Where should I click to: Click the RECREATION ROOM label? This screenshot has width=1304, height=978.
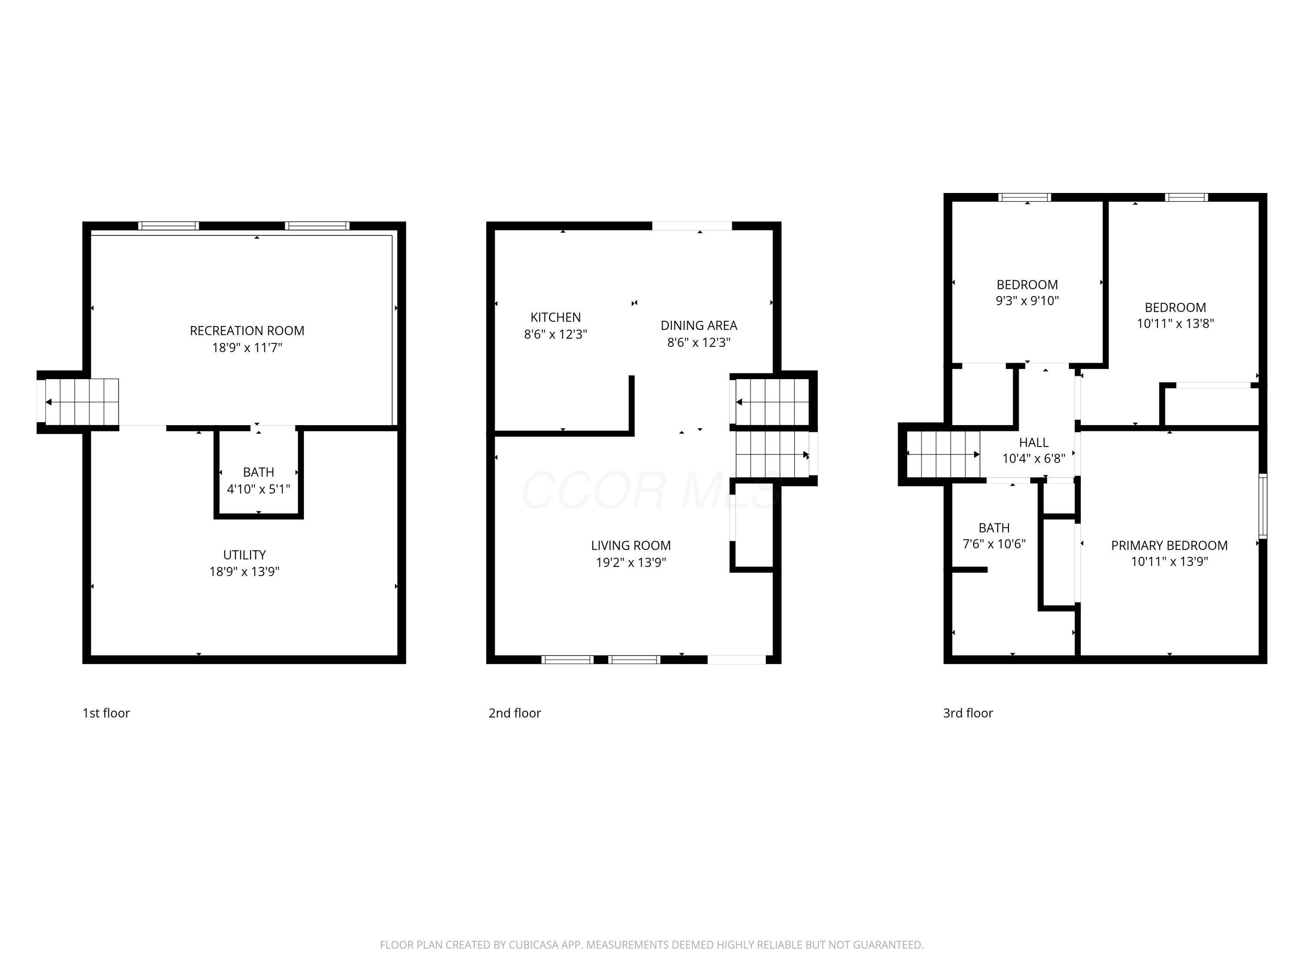tap(247, 331)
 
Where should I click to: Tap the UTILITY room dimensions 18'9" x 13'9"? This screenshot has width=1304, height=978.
tap(244, 571)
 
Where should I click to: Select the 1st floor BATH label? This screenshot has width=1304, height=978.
tap(258, 472)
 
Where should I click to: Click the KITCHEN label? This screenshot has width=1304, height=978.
tap(556, 317)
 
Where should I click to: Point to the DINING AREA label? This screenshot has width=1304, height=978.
tap(699, 326)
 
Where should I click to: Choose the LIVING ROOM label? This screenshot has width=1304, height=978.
tap(631, 546)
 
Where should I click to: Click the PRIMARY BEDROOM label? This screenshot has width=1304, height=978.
tap(1169, 546)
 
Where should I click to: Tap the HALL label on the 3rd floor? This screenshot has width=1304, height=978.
tap(1033, 442)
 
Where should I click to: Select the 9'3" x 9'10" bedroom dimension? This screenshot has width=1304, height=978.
tap(1027, 301)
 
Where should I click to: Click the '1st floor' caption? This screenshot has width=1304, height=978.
tap(106, 713)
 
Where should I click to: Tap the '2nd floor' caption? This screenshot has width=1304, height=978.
tap(515, 713)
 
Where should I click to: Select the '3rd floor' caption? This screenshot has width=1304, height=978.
tap(968, 713)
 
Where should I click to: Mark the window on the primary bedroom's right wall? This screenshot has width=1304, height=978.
tap(1263, 506)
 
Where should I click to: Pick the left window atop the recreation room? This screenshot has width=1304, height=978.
tap(169, 226)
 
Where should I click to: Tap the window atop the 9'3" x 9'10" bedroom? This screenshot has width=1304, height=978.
tap(1025, 197)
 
